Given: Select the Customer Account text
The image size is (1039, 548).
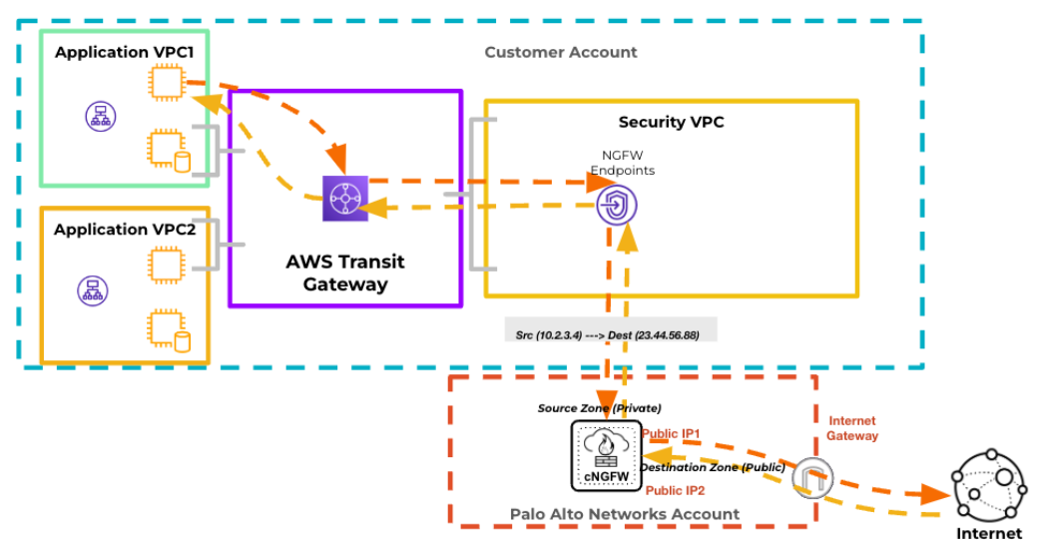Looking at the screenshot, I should (x=560, y=52).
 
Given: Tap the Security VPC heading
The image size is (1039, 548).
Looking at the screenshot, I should (x=671, y=123).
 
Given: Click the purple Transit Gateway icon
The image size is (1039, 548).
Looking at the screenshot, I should (x=345, y=199).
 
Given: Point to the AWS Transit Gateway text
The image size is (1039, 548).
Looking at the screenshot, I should (x=345, y=273).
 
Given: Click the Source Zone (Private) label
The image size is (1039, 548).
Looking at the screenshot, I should (x=599, y=408).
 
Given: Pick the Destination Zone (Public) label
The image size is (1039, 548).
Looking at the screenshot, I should (x=713, y=467).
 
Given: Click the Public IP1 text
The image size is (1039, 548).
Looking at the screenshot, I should (x=672, y=434).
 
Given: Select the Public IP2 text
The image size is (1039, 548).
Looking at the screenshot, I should (x=676, y=491).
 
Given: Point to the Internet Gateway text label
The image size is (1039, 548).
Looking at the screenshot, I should (x=852, y=428).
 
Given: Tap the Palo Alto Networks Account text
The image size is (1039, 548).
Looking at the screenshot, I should (x=625, y=515).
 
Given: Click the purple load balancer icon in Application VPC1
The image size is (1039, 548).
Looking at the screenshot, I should (x=99, y=116).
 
